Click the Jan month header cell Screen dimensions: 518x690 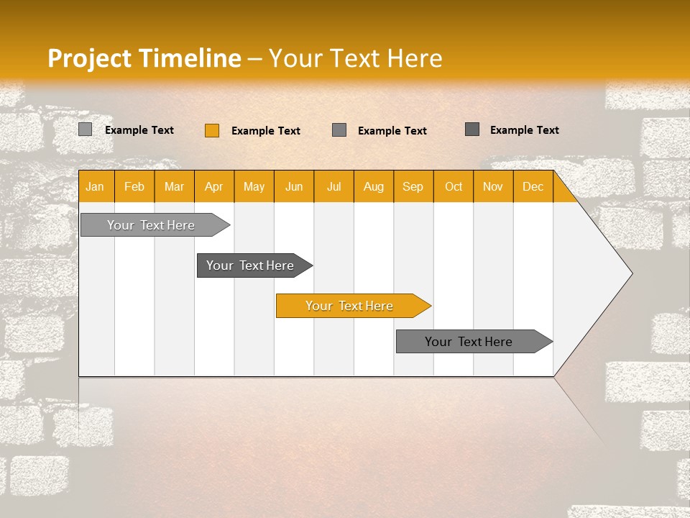(x=96, y=186)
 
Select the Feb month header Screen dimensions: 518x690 (x=134, y=186)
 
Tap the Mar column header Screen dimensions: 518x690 (x=174, y=186)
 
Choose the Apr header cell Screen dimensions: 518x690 (x=214, y=186)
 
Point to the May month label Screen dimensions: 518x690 (x=254, y=186)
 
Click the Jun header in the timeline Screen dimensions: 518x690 (x=294, y=186)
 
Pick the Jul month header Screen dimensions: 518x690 (x=333, y=186)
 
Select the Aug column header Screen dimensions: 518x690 (x=374, y=186)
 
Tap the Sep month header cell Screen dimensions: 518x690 (x=413, y=186)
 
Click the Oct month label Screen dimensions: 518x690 (x=454, y=186)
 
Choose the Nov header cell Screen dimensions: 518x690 (x=493, y=186)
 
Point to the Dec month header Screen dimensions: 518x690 (x=533, y=186)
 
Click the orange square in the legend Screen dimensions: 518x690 (x=212, y=130)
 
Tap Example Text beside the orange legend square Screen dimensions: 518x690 (x=266, y=131)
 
